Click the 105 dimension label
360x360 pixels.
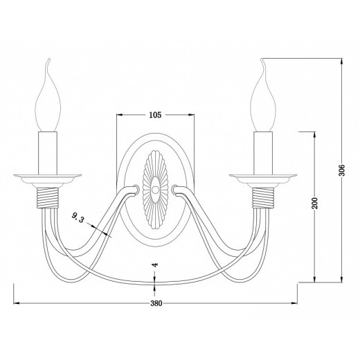click(155, 115)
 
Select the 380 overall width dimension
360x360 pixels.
click(156, 303)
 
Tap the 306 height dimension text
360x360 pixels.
click(341, 170)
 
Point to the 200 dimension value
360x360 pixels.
click(314, 203)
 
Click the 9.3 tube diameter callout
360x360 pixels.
click(78, 217)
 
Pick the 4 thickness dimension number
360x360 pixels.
click(156, 264)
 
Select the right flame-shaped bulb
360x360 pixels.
click(263, 95)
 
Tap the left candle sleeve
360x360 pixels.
click(48, 153)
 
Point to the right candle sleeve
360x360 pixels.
click(263, 153)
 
